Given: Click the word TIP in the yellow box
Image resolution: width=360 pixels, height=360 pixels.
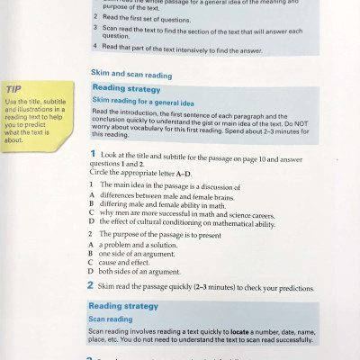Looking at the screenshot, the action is point(14,89).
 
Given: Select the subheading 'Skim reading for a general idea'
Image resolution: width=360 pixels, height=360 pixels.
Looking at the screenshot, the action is point(138,100).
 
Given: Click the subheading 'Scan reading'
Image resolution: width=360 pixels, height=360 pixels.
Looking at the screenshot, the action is point(109,319).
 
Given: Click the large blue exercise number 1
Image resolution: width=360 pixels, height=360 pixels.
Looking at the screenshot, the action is point(92,155).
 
